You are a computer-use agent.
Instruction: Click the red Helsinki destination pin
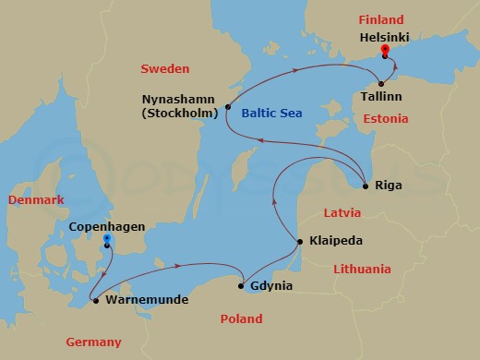point(384,51)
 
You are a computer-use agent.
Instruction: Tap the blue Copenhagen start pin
point(107,240)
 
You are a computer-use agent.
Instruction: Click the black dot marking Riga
point(366,186)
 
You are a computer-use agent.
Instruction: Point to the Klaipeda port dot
point(299,242)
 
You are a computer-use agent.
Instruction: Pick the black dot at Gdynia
point(241,286)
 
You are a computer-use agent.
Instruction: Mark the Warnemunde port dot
point(95,300)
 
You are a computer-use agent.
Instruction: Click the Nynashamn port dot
point(227,108)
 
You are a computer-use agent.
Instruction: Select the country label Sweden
point(164,69)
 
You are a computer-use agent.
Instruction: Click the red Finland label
point(382,19)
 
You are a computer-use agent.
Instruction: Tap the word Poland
point(243,319)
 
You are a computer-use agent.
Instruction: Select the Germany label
point(93,342)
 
